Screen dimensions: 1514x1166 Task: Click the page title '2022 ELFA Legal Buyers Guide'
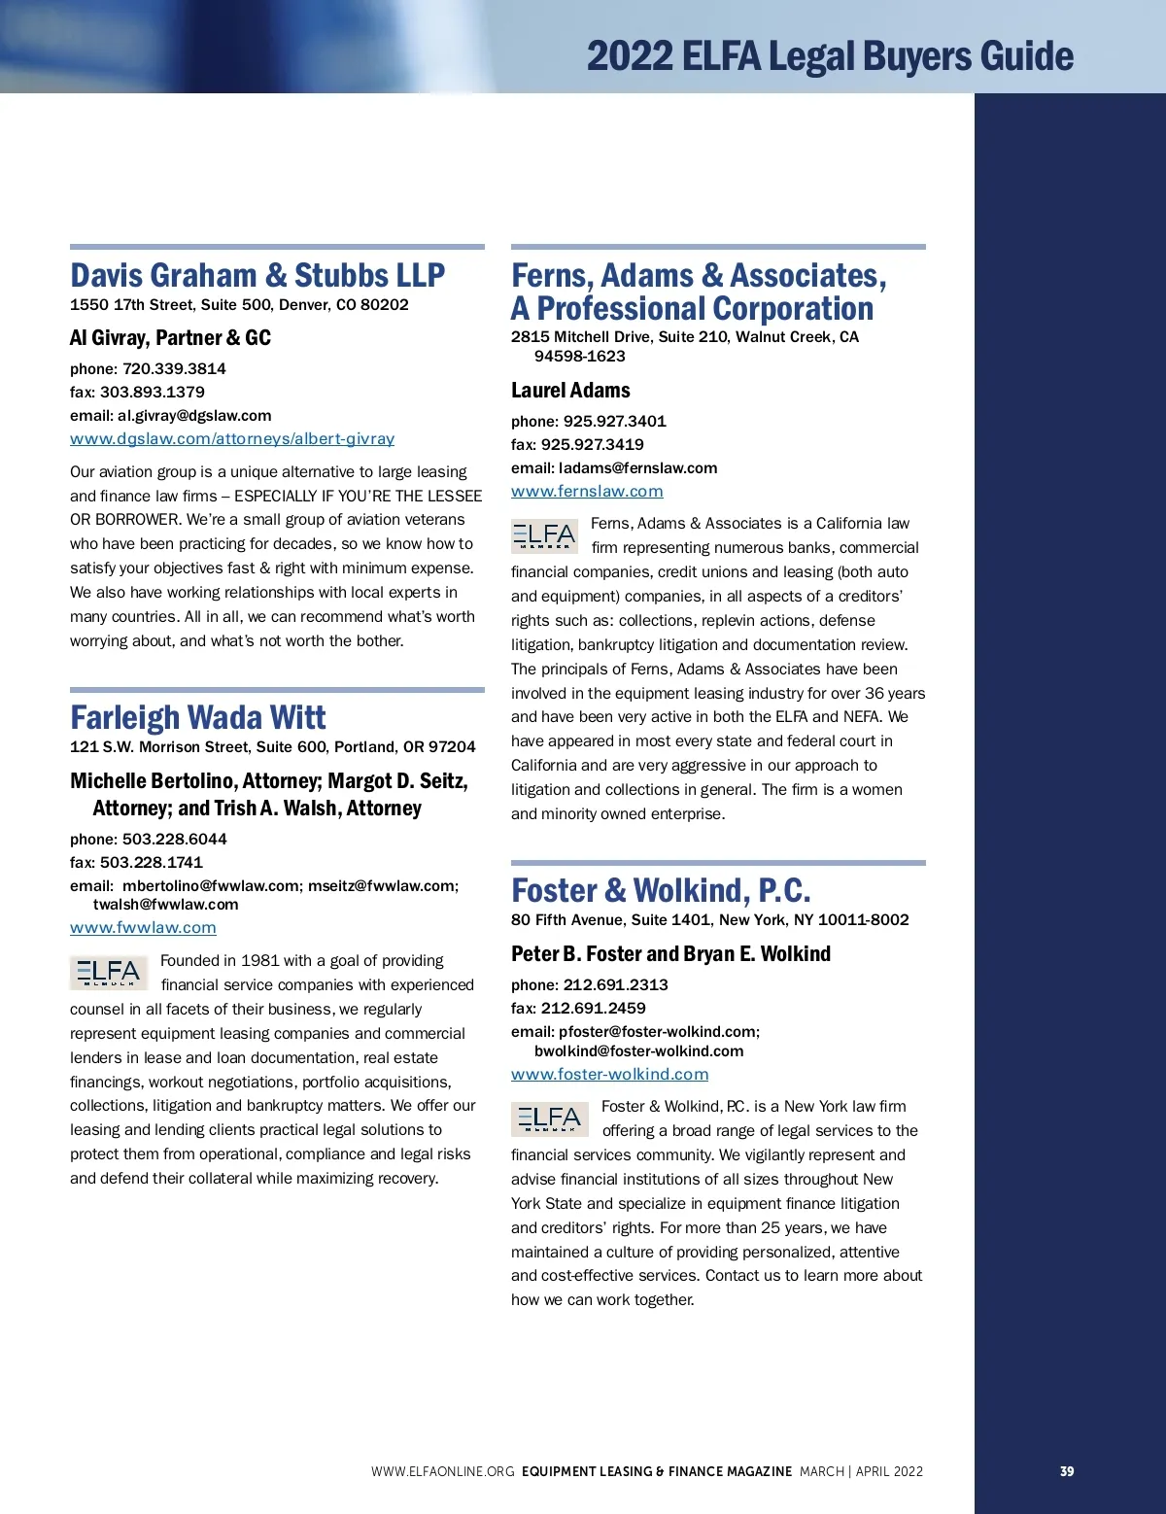[x=830, y=56]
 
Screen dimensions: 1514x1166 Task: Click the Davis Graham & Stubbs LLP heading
[x=257, y=276]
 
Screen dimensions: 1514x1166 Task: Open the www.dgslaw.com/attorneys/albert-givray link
[x=232, y=439]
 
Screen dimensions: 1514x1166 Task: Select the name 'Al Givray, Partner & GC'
[x=170, y=338]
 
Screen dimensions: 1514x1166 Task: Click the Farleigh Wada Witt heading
[x=198, y=718]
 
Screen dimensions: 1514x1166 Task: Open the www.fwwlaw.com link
[x=143, y=928]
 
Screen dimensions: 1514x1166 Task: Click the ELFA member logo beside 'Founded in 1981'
[x=108, y=973]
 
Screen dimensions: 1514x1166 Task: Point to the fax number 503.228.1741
[x=152, y=863]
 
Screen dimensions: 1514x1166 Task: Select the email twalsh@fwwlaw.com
[x=165, y=905]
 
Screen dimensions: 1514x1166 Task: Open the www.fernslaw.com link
[x=587, y=492]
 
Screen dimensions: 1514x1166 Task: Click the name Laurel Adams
[x=570, y=391]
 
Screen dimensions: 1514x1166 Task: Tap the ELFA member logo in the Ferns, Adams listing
[x=544, y=536]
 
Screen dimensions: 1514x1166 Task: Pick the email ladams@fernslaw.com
[x=637, y=468]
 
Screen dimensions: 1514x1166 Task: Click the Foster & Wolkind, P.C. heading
[x=661, y=891]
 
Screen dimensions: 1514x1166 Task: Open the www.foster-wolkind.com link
[x=609, y=1075]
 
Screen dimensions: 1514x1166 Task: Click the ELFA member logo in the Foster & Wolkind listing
[x=549, y=1118]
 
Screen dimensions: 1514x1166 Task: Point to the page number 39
[x=1067, y=1471]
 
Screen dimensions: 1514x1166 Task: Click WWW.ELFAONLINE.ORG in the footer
[x=442, y=1471]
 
